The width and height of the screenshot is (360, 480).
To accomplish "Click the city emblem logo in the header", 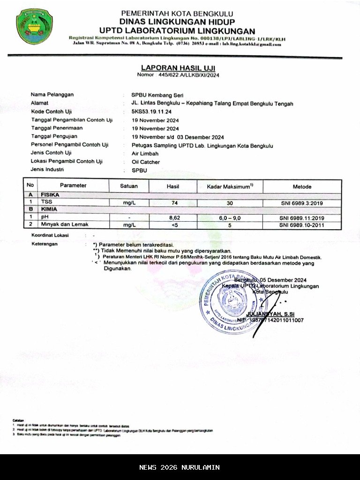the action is click(x=34, y=27).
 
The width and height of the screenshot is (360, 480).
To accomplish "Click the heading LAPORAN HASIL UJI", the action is click(x=178, y=68).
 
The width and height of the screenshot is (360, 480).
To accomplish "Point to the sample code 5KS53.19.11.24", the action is click(x=152, y=112).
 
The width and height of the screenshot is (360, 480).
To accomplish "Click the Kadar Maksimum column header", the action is click(x=230, y=187).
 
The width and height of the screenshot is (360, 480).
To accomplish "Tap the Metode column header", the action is click(x=302, y=187).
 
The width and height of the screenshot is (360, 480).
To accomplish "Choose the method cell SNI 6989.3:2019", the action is click(x=302, y=203).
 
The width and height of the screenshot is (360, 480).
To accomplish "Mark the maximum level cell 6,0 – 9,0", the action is click(x=230, y=217).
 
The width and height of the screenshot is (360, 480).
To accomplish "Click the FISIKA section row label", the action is click(x=50, y=195).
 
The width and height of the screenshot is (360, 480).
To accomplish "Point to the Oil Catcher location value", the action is click(x=146, y=162).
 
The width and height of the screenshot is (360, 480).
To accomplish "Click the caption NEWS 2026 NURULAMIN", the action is click(x=180, y=467).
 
